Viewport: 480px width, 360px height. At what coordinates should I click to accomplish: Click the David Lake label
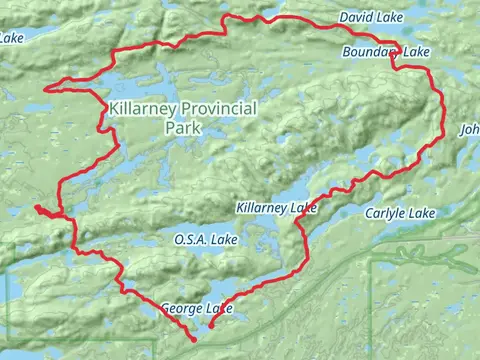pyautogui.click(x=369, y=18)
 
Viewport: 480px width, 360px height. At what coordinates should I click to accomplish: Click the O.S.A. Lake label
pyautogui.click(x=204, y=240)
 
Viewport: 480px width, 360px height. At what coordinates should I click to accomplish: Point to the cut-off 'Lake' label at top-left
pyautogui.click(x=12, y=39)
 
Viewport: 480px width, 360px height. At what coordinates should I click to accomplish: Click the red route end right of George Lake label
pyautogui.click(x=210, y=325)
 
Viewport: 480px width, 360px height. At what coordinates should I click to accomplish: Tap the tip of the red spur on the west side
pyautogui.click(x=35, y=207)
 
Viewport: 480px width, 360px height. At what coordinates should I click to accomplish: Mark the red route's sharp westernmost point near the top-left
pyautogui.click(x=45, y=88)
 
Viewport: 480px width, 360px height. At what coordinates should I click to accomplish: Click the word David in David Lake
pyautogui.click(x=355, y=18)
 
